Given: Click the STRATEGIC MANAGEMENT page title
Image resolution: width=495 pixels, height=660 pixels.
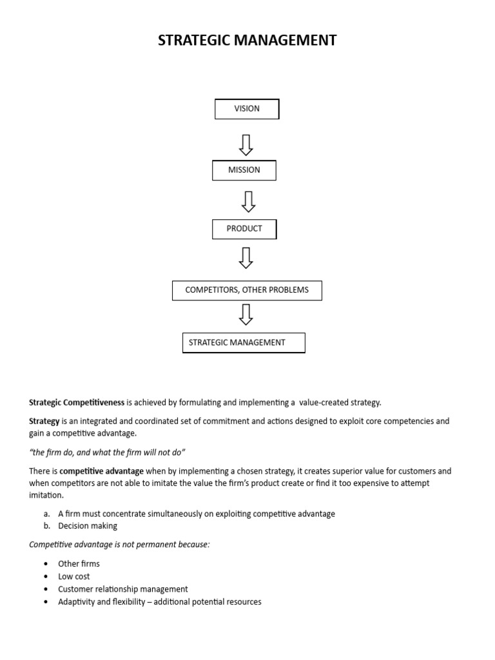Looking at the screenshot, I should (247, 41).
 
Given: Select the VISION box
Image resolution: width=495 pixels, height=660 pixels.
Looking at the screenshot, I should (247, 109).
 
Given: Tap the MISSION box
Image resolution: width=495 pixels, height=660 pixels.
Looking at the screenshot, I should (244, 170).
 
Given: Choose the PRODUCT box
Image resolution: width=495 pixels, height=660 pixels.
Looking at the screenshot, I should (244, 229).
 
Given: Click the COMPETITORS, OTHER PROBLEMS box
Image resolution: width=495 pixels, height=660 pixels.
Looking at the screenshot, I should (247, 291).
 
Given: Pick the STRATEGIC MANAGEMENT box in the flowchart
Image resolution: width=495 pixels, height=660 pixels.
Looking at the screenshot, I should (244, 343).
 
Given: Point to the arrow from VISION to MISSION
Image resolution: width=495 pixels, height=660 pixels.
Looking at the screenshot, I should (246, 144).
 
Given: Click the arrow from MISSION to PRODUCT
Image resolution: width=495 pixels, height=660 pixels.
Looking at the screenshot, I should (247, 202).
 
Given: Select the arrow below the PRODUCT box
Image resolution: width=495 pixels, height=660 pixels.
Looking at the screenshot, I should (246, 257).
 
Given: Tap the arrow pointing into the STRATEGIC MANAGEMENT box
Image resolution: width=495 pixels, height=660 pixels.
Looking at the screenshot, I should (246, 314).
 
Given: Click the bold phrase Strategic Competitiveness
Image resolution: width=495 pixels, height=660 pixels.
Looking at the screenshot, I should (77, 403).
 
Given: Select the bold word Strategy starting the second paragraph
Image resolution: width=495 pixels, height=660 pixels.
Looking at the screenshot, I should (44, 422).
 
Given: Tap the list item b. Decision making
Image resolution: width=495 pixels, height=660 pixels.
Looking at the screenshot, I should (87, 526).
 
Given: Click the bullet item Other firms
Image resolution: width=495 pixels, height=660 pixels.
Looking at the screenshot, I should (79, 564).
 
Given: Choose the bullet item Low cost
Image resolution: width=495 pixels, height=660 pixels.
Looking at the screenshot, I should (73, 577).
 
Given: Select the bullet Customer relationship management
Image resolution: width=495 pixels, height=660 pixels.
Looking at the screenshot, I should (122, 589).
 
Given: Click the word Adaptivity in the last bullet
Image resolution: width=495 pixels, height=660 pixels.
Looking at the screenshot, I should (76, 602).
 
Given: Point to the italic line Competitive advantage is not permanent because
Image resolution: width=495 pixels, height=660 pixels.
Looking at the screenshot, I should (119, 545).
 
